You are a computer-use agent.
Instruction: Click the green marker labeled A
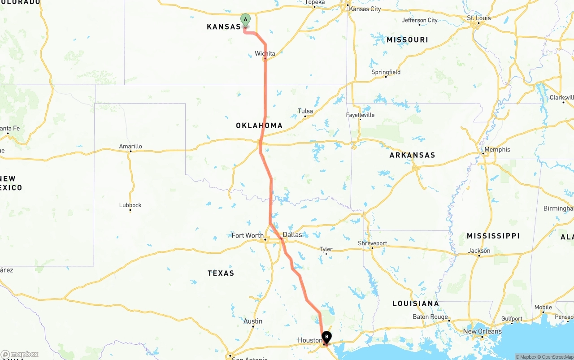point(245,19)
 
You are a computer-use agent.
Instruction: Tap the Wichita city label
point(265,54)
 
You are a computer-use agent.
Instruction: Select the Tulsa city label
point(305,111)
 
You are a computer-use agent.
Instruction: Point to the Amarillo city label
point(130,146)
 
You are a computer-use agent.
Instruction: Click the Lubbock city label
point(130,205)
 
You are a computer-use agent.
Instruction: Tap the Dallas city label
point(292,234)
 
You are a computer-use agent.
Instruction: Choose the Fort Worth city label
point(248,235)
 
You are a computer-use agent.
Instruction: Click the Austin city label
point(253,321)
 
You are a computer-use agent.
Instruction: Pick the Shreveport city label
point(372,243)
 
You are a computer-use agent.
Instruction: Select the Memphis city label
point(497,149)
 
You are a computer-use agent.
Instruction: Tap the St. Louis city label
point(479,18)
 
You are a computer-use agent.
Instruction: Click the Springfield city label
point(386,72)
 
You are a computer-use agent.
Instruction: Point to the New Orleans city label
point(482,331)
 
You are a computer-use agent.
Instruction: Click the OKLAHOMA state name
point(259,126)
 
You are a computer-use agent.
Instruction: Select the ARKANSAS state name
point(412,155)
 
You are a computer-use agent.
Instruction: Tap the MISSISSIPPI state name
point(493,236)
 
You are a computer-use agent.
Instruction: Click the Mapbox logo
point(20,354)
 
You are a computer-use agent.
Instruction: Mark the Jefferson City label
point(420,20)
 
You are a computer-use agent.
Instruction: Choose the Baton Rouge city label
point(430,317)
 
